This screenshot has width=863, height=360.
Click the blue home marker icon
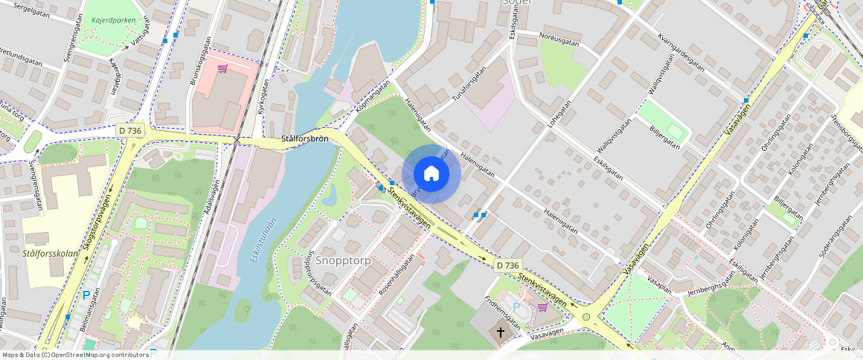pyautogui.click(x=431, y=174)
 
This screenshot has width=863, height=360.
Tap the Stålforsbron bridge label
pyautogui.click(x=306, y=139)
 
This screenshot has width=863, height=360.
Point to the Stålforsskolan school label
pyautogui.click(x=51, y=254)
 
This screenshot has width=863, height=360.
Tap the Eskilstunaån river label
pyautogui.click(x=257, y=241)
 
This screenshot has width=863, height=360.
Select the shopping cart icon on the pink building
pyautogui.click(x=222, y=69)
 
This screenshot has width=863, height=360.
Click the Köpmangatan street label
pyautogui.click(x=372, y=97)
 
